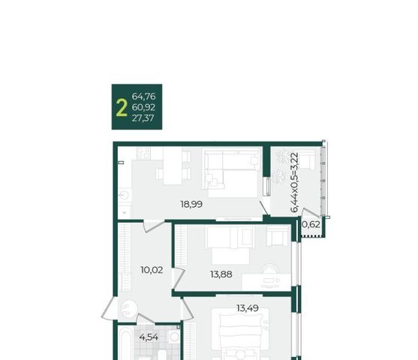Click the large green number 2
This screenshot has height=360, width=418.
[122, 107]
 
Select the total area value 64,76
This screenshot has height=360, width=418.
[143, 96]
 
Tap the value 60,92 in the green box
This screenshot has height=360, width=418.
[143, 107]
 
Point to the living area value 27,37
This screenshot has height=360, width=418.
[143, 118]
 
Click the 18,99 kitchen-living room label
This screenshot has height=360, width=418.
[191, 205]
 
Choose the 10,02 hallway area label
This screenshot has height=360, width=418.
[152, 270]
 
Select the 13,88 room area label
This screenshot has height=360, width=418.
[221, 274]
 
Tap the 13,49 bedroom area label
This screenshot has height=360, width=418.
[248, 308]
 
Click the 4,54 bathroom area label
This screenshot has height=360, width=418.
[149, 337]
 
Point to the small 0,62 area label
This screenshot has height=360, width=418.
[311, 225]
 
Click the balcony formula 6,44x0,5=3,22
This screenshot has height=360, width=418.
[295, 182]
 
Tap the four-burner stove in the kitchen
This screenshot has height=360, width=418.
[143, 153]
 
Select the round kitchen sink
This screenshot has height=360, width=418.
[125, 195]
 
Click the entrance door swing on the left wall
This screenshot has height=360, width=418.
[109, 309]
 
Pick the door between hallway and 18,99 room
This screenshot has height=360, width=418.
[154, 226]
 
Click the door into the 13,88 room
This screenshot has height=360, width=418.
[179, 279]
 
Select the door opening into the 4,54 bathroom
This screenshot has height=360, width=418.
[146, 319]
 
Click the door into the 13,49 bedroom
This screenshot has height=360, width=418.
[187, 309]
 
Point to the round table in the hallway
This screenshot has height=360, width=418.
[128, 308]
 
